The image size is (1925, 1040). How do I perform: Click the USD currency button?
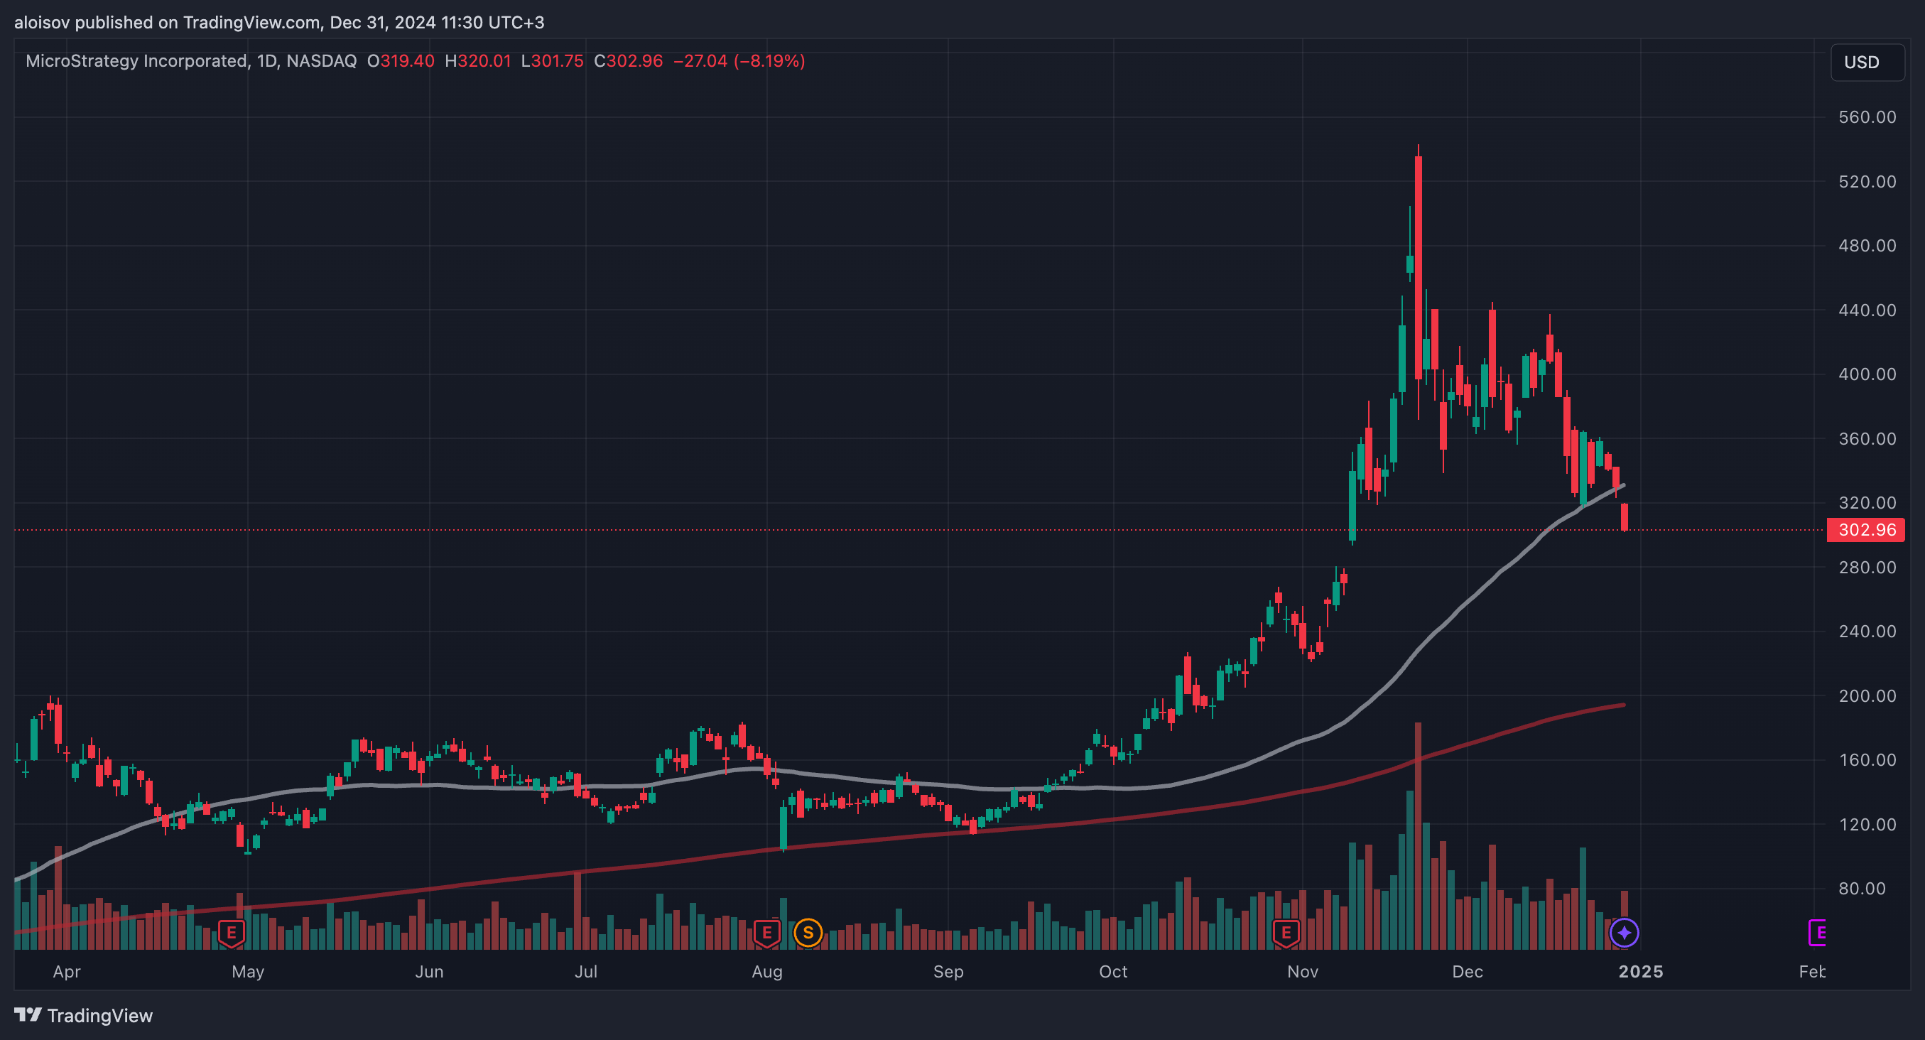tap(1866, 62)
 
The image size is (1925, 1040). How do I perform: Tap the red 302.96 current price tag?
tap(1865, 530)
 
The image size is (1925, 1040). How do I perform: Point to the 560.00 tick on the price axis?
tap(1867, 117)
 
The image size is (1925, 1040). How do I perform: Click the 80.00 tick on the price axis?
tap(1867, 888)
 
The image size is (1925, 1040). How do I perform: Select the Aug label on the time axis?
tap(766, 971)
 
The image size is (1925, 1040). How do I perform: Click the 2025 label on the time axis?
tap(1640, 971)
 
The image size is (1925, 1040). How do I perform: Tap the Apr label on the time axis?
tap(67, 971)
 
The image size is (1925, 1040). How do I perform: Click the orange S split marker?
tap(808, 933)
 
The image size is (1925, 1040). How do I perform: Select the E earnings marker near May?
tap(232, 933)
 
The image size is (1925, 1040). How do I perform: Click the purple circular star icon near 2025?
tap(1624, 933)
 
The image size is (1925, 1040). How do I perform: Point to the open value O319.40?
tap(401, 61)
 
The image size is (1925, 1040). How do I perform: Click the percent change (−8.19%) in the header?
tap(769, 61)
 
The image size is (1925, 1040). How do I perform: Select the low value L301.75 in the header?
tap(552, 61)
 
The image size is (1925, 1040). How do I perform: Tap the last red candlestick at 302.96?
tap(1624, 517)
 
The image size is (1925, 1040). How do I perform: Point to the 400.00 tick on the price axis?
tap(1867, 374)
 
